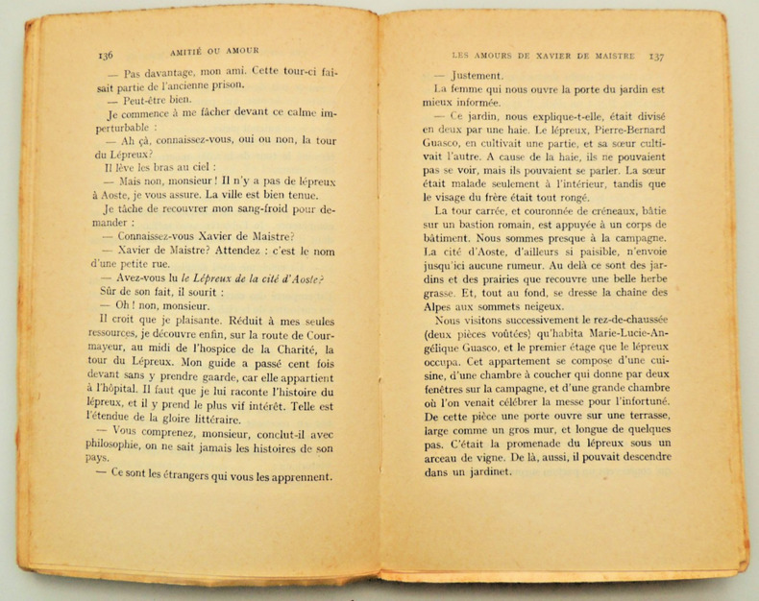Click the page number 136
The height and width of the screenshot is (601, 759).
(x=106, y=54)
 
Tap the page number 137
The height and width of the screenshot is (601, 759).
(x=656, y=57)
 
